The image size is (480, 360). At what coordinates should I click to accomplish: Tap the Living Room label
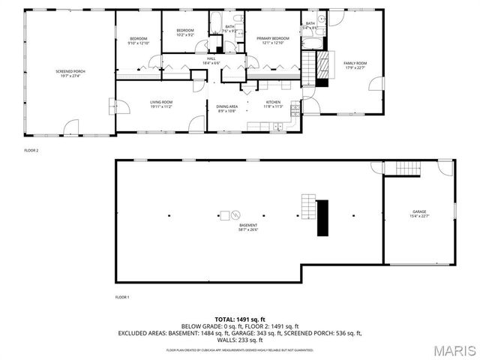161,104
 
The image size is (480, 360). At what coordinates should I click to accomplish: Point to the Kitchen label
273,104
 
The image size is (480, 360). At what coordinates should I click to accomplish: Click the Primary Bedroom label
273,40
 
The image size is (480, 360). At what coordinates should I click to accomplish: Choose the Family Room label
355,65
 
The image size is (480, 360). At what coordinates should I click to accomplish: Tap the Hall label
211,61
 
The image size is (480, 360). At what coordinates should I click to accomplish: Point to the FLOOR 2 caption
31,151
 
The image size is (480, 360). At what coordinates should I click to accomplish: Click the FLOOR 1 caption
122,298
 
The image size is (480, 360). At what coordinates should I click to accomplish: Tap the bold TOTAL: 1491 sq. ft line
240,319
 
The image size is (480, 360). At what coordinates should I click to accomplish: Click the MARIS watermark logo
448,349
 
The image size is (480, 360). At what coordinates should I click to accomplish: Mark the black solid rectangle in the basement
323,217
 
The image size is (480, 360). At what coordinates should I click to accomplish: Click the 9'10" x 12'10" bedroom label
139,41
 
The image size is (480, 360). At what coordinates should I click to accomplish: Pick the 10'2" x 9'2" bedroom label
185,33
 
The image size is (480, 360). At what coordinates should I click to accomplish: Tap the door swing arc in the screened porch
73,126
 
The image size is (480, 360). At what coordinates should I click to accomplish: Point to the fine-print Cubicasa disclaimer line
240,349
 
